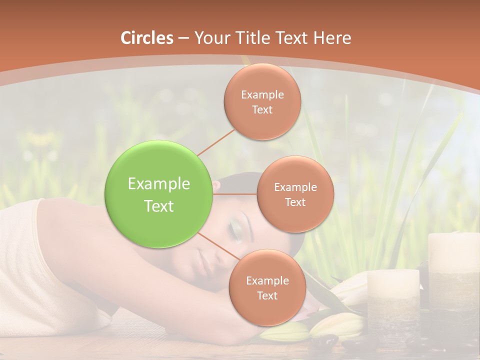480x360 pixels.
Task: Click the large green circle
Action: (x=159, y=194)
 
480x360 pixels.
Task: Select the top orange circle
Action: (x=262, y=102)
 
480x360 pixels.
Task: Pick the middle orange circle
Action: (x=295, y=194)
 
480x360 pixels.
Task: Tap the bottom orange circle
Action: (x=267, y=287)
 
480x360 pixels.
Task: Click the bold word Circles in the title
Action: (x=147, y=38)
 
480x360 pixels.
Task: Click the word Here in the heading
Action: (x=332, y=38)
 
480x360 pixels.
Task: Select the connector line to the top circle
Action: (x=216, y=142)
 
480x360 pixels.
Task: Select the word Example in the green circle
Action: (x=159, y=184)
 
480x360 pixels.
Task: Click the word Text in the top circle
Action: (x=262, y=109)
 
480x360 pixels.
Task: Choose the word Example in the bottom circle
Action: (x=267, y=280)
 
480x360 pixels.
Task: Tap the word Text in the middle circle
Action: (x=295, y=202)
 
